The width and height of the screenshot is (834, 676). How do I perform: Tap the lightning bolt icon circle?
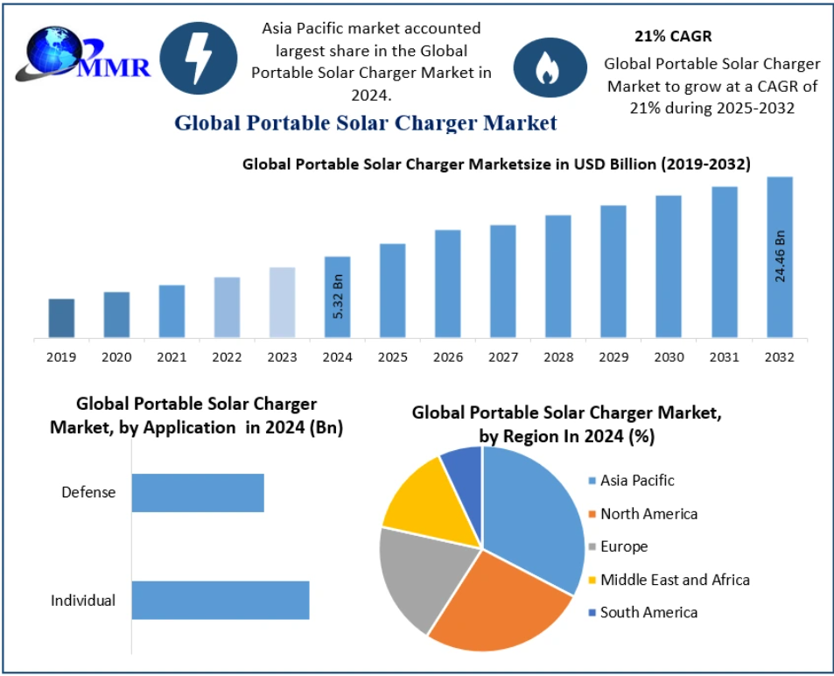coord(199,59)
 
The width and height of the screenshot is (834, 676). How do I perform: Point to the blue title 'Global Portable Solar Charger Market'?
coord(365,123)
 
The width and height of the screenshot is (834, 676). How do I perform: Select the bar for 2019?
coord(61,318)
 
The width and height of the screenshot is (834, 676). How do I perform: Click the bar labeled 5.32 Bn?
coord(338,297)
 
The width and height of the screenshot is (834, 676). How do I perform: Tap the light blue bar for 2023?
coord(282,302)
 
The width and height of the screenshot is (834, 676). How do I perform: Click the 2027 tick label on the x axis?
coord(502,357)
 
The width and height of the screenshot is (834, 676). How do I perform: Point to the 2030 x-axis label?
coord(669,357)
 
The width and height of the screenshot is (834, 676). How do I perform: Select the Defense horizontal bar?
coord(198,492)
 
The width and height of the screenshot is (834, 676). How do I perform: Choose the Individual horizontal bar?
coord(221,600)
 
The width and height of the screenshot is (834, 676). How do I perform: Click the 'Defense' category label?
coord(88,492)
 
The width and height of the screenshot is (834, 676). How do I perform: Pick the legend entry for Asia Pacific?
coord(637,480)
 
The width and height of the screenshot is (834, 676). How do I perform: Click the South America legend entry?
coord(648,612)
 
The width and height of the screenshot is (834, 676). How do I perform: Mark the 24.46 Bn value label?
coord(780,256)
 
